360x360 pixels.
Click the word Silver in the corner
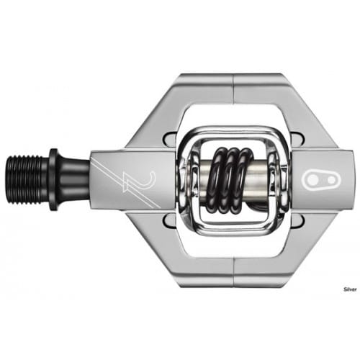tap(350, 289)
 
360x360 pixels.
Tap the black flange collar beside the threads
tap(54, 180)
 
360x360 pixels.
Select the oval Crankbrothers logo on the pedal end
tap(319, 179)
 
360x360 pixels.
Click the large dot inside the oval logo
tap(312, 179)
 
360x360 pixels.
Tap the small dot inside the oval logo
tap(330, 179)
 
